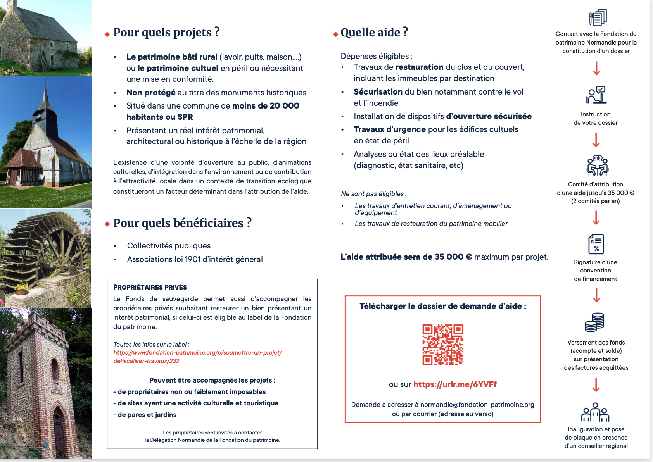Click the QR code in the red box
coord(442,345)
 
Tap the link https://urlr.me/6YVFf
coord(455,384)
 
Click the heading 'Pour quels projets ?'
coord(166,33)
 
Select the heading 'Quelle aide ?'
coord(374,33)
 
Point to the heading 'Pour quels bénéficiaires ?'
coord(182,223)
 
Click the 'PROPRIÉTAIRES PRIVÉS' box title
coord(150,287)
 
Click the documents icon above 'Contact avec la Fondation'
coord(598,17)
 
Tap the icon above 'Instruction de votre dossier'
coord(596,95)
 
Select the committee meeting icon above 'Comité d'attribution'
coord(597,165)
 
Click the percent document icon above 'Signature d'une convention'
coord(596,244)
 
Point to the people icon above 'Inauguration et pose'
coord(595,412)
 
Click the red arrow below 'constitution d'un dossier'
coord(597,69)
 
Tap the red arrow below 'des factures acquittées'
coord(596,385)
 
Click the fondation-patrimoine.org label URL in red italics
coord(197,357)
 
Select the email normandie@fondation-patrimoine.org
coord(477,405)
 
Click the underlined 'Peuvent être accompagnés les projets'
coord(212,380)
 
